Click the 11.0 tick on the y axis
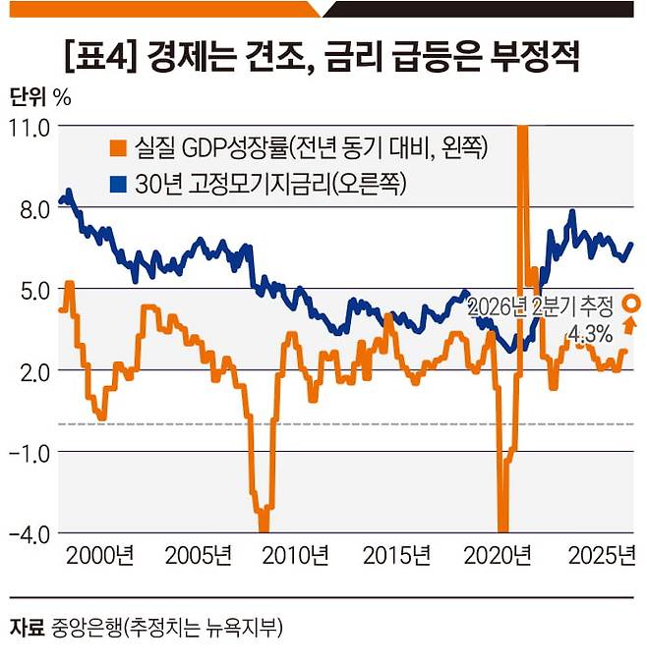[x=29, y=128]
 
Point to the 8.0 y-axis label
[x=35, y=210]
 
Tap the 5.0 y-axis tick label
[x=35, y=292]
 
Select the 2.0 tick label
[x=35, y=373]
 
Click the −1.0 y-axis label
[x=29, y=455]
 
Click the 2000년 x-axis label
[x=100, y=556]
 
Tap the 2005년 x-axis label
[x=199, y=556]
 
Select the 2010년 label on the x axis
[x=296, y=556]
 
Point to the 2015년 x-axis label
[x=396, y=556]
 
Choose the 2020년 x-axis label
[x=498, y=556]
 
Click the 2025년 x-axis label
[x=602, y=556]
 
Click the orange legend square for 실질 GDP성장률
[x=118, y=148]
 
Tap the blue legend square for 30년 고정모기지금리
[x=118, y=185]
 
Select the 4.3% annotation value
[x=590, y=335]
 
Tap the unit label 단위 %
[x=40, y=97]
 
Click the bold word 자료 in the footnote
[x=27, y=628]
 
